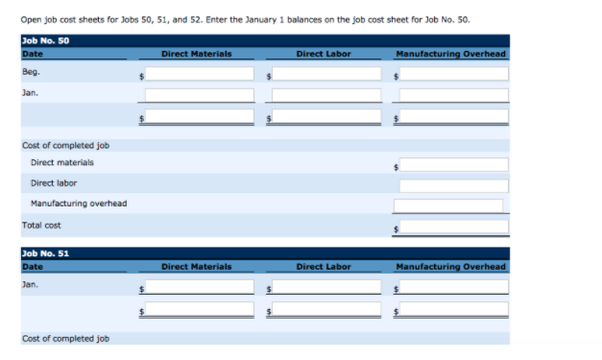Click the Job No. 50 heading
click(44, 40)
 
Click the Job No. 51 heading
click(44, 253)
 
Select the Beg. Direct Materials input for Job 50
click(200, 73)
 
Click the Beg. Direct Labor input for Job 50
click(326, 73)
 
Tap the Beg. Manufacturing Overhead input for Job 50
click(453, 73)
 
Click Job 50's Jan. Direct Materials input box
click(200, 95)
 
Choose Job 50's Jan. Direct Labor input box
click(326, 95)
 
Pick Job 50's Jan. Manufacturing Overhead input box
click(453, 95)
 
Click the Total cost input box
click(453, 227)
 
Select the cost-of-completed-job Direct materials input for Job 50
click(453, 165)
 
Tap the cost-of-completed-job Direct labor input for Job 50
click(453, 184)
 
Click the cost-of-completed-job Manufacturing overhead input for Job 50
click(447, 204)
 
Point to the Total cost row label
click(39, 226)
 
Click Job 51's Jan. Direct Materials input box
click(200, 286)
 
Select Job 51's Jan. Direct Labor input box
click(326, 286)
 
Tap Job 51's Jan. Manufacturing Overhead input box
click(453, 286)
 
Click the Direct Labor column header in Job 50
click(324, 54)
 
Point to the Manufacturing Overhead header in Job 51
click(450, 266)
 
